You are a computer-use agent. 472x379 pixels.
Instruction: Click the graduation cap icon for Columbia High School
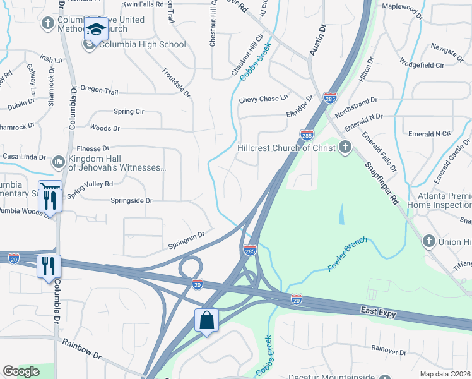(97, 30)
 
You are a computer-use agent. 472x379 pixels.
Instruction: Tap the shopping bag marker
(206, 320)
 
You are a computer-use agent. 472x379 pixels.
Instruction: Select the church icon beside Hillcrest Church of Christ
(344, 148)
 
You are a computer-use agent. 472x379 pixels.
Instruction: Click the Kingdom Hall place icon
(58, 162)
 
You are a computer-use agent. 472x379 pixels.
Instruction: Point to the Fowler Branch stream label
(346, 256)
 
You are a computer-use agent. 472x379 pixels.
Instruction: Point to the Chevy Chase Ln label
(263, 99)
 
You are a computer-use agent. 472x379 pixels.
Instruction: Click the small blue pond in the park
(341, 215)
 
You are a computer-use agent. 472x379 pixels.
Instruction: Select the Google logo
(21, 371)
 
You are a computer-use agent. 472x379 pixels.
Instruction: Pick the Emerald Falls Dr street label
(379, 151)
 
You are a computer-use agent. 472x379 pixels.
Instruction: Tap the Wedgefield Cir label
(422, 64)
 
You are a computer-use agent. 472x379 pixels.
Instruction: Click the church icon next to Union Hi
(428, 241)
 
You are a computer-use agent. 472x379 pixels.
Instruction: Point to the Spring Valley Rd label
(90, 187)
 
